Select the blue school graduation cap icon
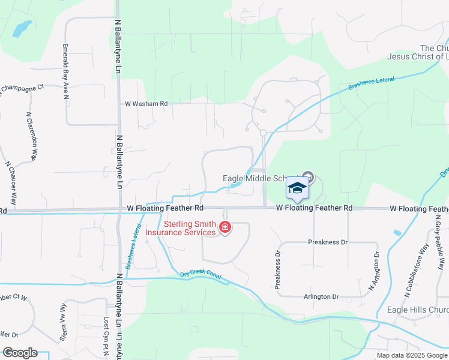pyautogui.click(x=297, y=188)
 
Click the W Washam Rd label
pyautogui.click(x=146, y=104)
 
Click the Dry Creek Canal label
pyautogui.click(x=200, y=275)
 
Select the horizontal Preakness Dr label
pyautogui.click(x=328, y=242)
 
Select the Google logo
pyautogui.click(x=20, y=353)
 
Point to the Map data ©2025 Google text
pyautogui.click(x=411, y=355)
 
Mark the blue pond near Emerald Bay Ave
pyautogui.click(x=23, y=28)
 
